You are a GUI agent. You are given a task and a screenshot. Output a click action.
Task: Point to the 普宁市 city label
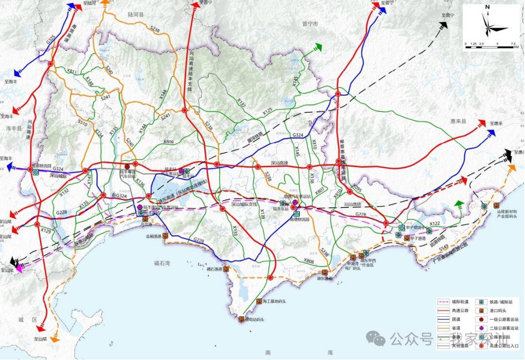[x=309, y=23]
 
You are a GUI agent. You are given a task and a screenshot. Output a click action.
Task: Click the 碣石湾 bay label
[x=162, y=263]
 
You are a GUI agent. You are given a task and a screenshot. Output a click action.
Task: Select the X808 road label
[x=309, y=261]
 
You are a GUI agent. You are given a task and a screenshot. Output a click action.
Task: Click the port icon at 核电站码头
[x=241, y=319]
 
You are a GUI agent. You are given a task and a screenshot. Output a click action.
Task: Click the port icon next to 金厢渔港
[x=165, y=236]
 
